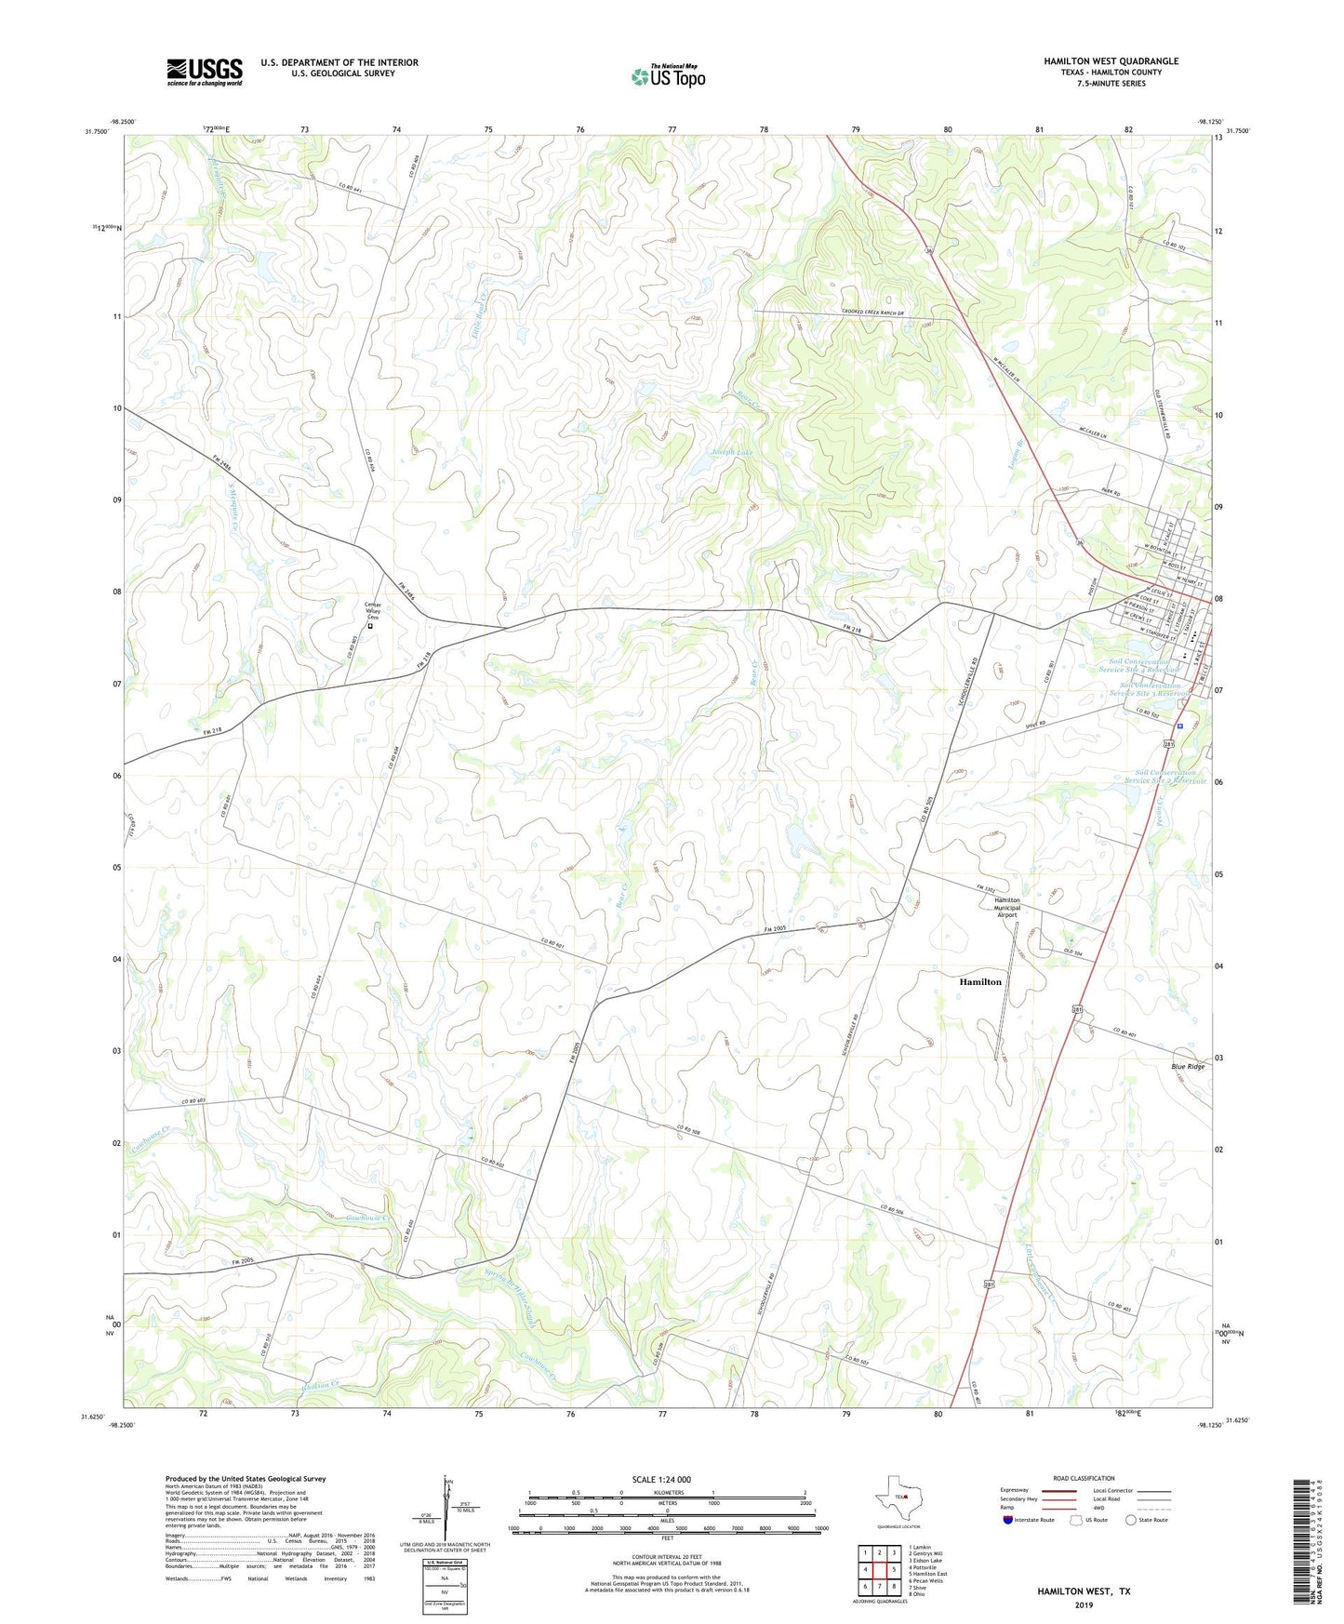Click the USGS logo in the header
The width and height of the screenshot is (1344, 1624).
[204, 72]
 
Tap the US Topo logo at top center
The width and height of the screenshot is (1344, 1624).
[668, 76]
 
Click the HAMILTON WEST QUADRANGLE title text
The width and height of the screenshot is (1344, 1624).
[1111, 61]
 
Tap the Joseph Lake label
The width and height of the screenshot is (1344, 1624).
[732, 452]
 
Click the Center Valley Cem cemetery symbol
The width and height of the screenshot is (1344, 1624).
[369, 626]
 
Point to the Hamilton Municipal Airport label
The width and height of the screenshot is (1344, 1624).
[1006, 907]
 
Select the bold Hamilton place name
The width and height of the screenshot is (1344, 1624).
[980, 981]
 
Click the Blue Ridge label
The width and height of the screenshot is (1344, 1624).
[1188, 1066]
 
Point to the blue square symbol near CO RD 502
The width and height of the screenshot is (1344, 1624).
[1179, 725]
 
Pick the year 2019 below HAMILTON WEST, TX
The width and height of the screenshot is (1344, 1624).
[1084, 1604]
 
